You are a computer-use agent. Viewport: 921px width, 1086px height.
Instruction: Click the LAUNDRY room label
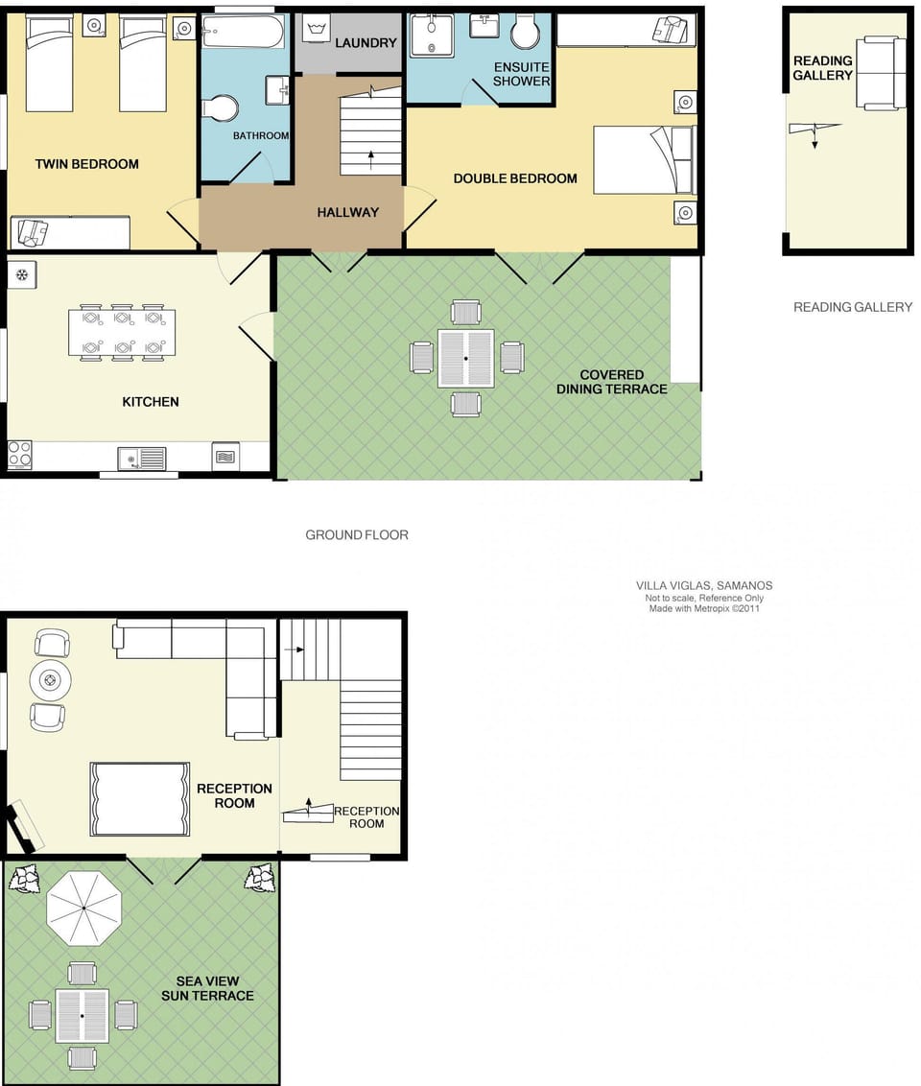[366, 43]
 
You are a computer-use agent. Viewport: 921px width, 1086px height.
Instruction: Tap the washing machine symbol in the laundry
[317, 29]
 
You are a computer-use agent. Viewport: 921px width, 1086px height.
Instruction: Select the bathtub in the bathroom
[243, 31]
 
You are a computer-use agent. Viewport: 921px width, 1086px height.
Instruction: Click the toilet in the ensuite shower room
[526, 31]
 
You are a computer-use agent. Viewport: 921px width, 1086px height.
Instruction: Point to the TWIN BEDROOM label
[86, 164]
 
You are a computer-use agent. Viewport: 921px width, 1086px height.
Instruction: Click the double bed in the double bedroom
[644, 160]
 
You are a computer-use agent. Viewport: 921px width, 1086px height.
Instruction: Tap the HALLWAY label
[347, 213]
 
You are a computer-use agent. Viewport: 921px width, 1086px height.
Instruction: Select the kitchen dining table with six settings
[122, 333]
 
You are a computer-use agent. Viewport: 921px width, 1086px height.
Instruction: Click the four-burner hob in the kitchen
[19, 455]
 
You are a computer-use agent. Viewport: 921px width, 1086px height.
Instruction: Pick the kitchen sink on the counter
[141, 459]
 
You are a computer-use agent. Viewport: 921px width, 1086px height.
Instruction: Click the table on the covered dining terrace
[466, 359]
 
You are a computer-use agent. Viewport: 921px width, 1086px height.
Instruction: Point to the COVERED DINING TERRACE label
[612, 382]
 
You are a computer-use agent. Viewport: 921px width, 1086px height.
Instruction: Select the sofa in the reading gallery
[881, 74]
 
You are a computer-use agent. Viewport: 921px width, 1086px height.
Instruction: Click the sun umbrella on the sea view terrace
[83, 908]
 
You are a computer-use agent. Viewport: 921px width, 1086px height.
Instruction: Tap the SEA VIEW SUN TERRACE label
[208, 988]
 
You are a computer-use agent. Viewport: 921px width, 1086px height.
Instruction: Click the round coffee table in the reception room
[51, 681]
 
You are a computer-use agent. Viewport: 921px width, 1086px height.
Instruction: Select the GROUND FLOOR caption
[357, 534]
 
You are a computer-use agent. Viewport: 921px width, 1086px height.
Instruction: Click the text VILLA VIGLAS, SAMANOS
[704, 585]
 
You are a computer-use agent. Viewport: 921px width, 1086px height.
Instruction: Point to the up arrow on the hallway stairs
[371, 159]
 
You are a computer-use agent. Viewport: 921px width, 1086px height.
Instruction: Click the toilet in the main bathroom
[221, 108]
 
